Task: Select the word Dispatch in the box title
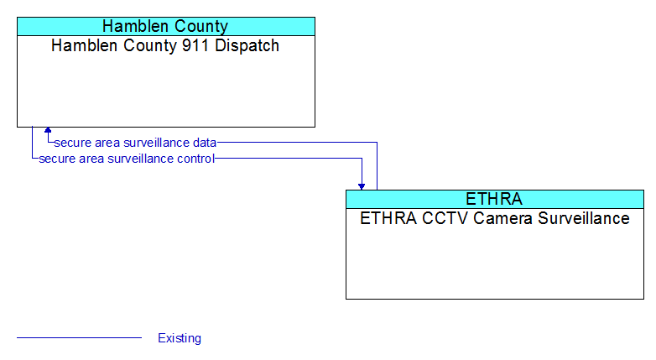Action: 247,46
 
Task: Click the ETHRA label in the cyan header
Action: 494,199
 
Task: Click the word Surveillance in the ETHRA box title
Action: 584,218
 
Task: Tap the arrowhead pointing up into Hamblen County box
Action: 48,130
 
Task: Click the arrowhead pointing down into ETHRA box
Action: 362,186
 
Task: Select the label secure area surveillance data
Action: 135,143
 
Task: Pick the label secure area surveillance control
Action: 127,159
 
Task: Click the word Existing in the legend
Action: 180,338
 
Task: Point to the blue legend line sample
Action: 79,337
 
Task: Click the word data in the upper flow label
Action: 205,143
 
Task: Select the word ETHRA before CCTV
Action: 388,218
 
